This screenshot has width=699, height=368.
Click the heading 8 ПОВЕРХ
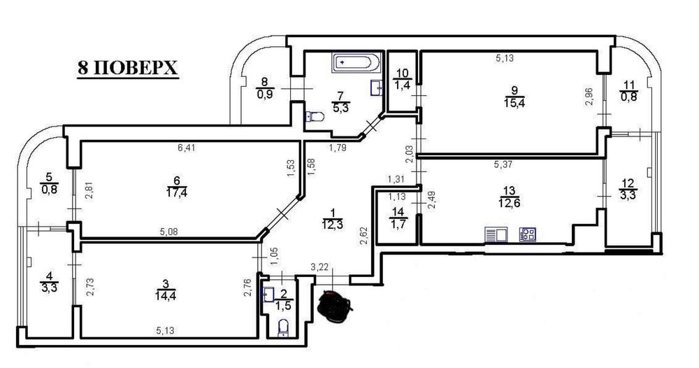[128, 68]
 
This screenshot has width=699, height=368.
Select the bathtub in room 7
[356, 63]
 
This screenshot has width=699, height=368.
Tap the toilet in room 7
[315, 118]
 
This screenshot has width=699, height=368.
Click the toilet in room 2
[282, 328]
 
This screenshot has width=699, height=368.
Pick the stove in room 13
[527, 234]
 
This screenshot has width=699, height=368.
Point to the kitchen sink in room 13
[496, 234]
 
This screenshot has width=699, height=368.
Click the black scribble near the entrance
[336, 306]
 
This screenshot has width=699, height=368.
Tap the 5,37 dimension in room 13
[503, 164]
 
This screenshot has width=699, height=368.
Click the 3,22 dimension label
[319, 267]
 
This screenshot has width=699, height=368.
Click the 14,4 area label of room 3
[166, 295]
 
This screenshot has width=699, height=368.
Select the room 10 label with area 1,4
[402, 80]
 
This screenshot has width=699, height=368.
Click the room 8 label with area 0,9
[265, 88]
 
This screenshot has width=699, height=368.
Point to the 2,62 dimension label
[363, 236]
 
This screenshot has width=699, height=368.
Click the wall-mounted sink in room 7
[377, 88]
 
